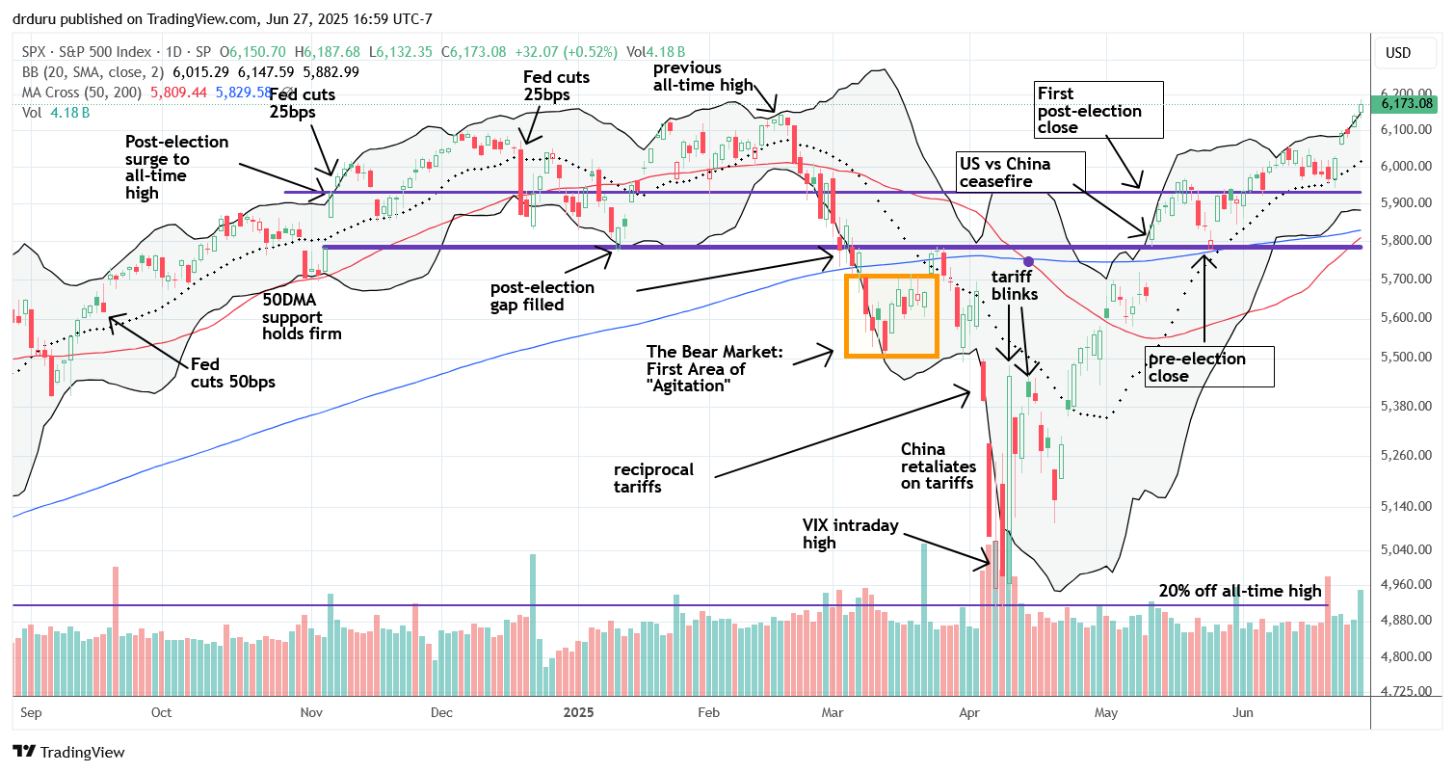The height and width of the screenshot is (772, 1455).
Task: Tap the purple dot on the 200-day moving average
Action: [x=1029, y=261]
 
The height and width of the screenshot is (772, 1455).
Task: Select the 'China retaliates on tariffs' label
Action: [x=937, y=466]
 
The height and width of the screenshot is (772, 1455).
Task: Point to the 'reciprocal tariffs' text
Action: [x=653, y=479]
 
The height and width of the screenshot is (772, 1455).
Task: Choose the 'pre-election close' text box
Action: [x=1209, y=367]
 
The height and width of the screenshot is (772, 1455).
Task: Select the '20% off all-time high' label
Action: [x=1240, y=591]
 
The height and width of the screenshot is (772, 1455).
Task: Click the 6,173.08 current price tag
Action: [x=1408, y=103]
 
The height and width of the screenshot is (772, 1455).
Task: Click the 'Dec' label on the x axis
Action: [x=441, y=712]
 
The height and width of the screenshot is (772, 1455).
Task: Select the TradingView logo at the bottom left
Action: [x=68, y=752]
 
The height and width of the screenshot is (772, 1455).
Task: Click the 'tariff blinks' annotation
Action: [x=1013, y=285]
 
